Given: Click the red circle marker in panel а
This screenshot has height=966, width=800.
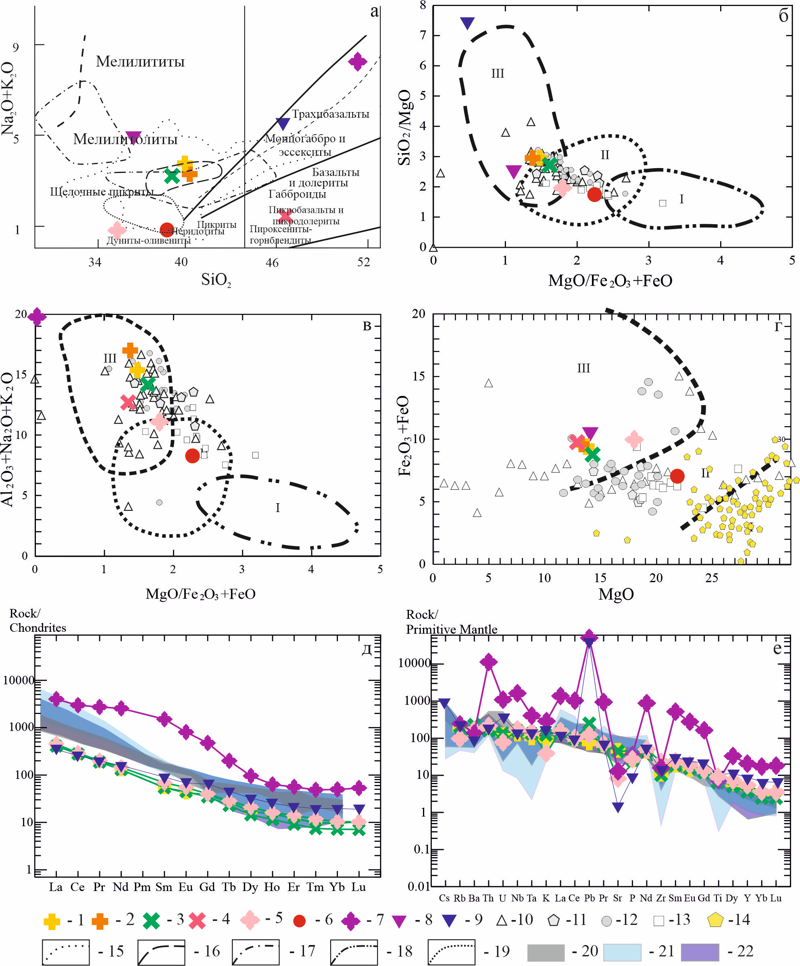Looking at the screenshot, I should pyautogui.click(x=167, y=229).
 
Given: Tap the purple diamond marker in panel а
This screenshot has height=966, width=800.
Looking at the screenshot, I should pyautogui.click(x=357, y=61).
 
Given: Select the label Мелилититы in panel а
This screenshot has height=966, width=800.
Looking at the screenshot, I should pyautogui.click(x=140, y=62).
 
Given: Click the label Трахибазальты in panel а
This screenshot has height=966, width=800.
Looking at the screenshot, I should pyautogui.click(x=331, y=114).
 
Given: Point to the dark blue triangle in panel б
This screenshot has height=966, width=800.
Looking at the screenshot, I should pyautogui.click(x=467, y=23).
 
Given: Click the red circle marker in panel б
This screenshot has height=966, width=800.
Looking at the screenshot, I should pyautogui.click(x=594, y=194).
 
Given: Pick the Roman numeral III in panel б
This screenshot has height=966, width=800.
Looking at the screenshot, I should pyautogui.click(x=498, y=74).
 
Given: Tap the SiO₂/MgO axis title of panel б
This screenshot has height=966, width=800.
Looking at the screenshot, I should pyautogui.click(x=404, y=127).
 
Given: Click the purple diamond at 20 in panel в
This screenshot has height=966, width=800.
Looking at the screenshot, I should pyautogui.click(x=37, y=316).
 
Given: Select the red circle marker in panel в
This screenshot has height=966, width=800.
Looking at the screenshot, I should pyautogui.click(x=192, y=456).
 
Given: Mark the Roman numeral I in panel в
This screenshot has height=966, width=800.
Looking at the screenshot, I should pyautogui.click(x=277, y=508).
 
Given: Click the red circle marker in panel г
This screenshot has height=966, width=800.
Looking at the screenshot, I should pyautogui.click(x=677, y=476).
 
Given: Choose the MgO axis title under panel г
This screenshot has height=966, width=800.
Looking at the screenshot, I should pyautogui.click(x=616, y=594).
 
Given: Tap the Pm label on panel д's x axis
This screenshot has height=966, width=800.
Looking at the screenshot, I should pyautogui.click(x=142, y=887).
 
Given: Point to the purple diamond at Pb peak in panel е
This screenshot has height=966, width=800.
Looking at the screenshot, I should pyautogui.click(x=589, y=637).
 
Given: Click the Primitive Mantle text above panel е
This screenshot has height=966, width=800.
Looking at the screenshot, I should pyautogui.click(x=451, y=629).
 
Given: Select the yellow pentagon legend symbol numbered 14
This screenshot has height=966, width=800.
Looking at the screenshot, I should pyautogui.click(x=715, y=920).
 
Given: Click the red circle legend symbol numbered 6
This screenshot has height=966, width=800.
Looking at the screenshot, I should pyautogui.click(x=300, y=921).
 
